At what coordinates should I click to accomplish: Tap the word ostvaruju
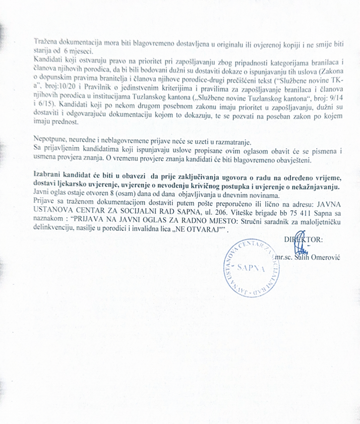(x=85, y=60)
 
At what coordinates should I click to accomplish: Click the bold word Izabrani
(x=48, y=174)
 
